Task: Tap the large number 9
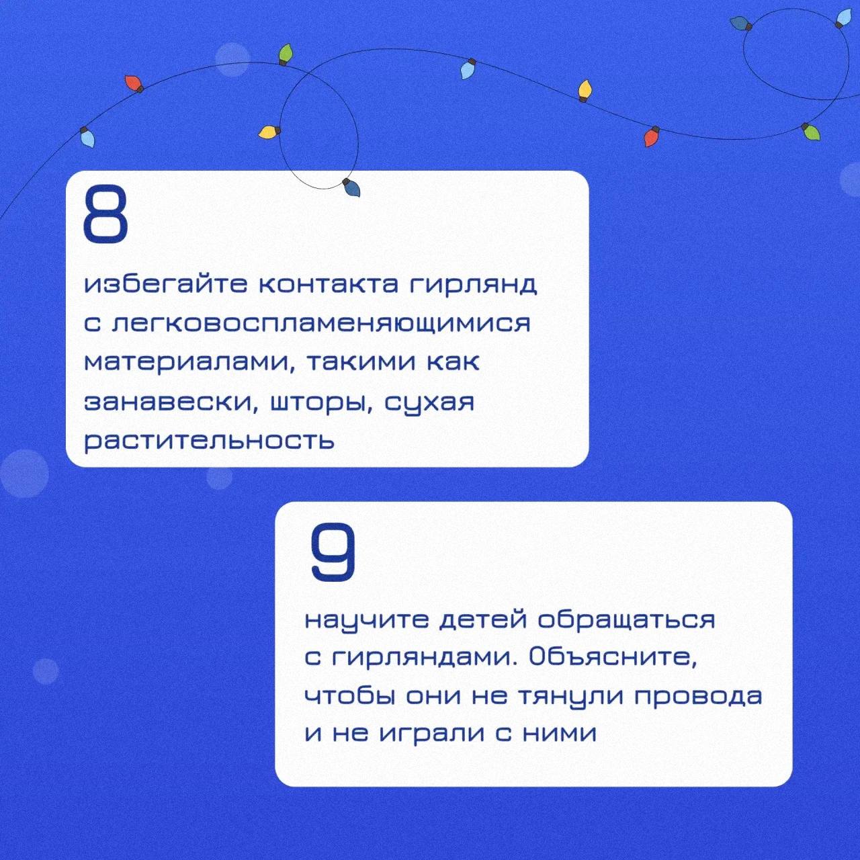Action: click(x=333, y=552)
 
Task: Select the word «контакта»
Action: click(x=328, y=286)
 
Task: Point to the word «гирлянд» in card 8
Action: click(x=474, y=286)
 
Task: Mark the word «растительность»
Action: click(x=209, y=440)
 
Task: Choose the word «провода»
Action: click(x=698, y=697)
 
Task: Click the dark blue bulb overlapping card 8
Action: click(x=352, y=188)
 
